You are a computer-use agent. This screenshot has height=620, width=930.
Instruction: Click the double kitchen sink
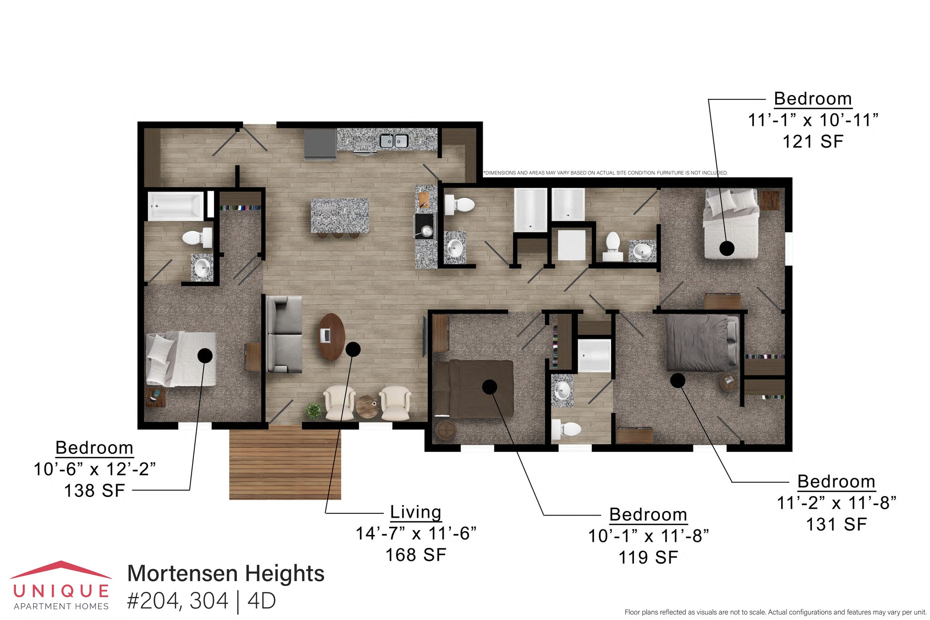(x=394, y=141)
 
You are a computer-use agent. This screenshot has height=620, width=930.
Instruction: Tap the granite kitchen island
(x=340, y=215)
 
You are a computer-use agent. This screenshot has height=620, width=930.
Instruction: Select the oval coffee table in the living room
(x=331, y=337)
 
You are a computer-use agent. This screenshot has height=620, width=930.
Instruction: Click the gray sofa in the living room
(x=284, y=334)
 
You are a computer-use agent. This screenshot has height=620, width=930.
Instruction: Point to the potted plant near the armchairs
(x=313, y=411)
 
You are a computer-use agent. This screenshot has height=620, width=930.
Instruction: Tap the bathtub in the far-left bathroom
(x=176, y=206)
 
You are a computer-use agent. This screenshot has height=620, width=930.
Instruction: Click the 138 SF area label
(x=94, y=491)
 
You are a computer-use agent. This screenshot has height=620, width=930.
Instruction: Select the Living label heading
(x=416, y=512)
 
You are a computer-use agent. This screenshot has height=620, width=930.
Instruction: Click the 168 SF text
(x=416, y=555)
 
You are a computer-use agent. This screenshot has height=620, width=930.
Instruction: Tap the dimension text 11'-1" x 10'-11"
(x=812, y=120)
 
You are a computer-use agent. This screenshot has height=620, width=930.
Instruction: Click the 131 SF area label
(x=836, y=524)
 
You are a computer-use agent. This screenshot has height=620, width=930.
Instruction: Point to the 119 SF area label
(x=648, y=557)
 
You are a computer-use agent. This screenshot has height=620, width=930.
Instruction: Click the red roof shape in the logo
(x=61, y=569)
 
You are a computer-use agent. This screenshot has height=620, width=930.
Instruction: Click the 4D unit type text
(x=262, y=600)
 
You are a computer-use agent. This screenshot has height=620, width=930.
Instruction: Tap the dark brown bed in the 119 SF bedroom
(x=473, y=388)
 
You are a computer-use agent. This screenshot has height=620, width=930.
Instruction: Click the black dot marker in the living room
(x=353, y=349)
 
